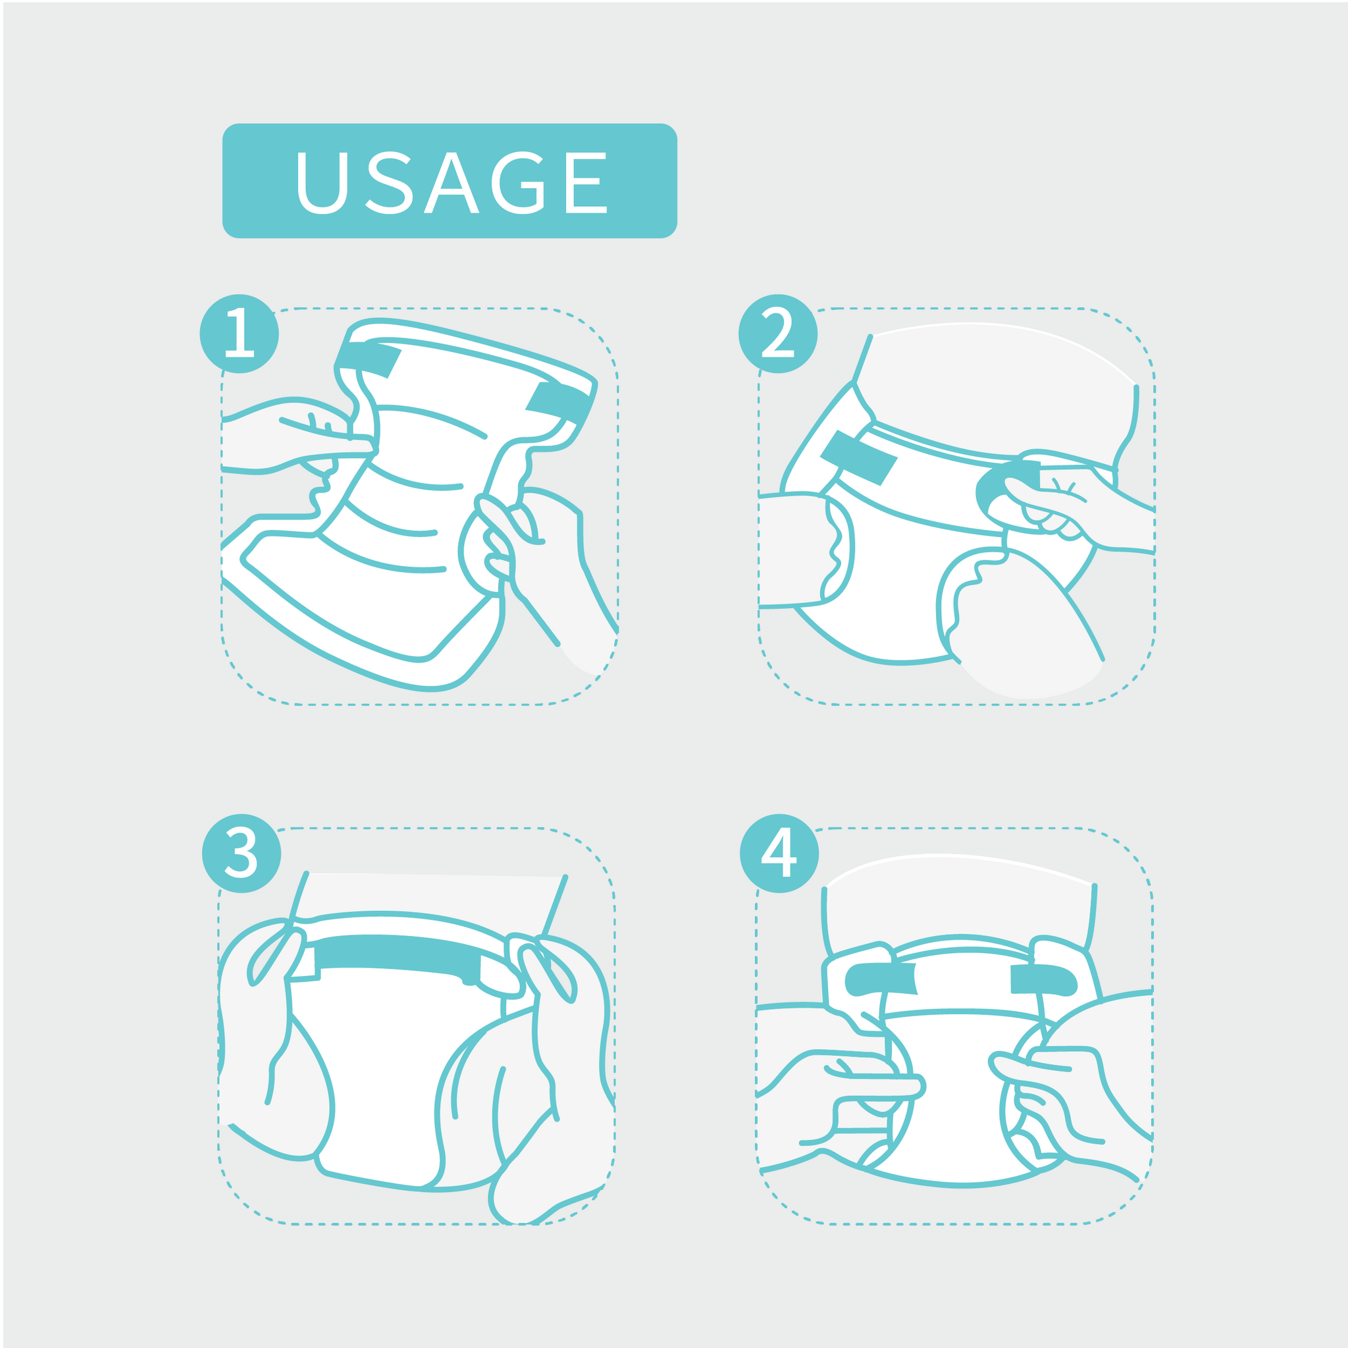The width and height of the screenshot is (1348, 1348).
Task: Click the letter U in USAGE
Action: click(323, 183)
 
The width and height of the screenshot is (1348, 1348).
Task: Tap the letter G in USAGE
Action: click(518, 183)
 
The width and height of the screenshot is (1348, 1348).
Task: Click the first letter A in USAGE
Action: click(452, 183)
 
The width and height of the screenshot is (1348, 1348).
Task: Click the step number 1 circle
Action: click(240, 334)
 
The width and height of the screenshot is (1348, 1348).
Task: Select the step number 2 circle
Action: click(778, 334)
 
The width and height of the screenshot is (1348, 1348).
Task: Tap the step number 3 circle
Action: click(242, 853)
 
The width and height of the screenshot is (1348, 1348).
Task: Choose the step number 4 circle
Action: click(779, 853)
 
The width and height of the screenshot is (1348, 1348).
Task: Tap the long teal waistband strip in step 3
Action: click(398, 956)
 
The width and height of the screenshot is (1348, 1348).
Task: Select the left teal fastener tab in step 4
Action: click(881, 979)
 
